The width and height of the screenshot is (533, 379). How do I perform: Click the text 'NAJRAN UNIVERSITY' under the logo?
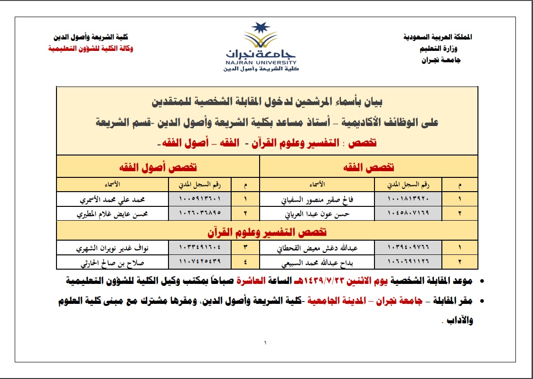[x=261, y=62]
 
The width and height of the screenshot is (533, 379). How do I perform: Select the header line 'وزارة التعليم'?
[x=440, y=49]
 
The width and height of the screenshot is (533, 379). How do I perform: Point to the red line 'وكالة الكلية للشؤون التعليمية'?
[x=91, y=49]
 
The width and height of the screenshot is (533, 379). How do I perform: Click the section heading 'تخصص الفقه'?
[x=369, y=167]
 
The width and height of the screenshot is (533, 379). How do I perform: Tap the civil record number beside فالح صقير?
[x=408, y=199]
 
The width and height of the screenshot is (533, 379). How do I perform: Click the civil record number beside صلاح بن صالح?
[x=201, y=262]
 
